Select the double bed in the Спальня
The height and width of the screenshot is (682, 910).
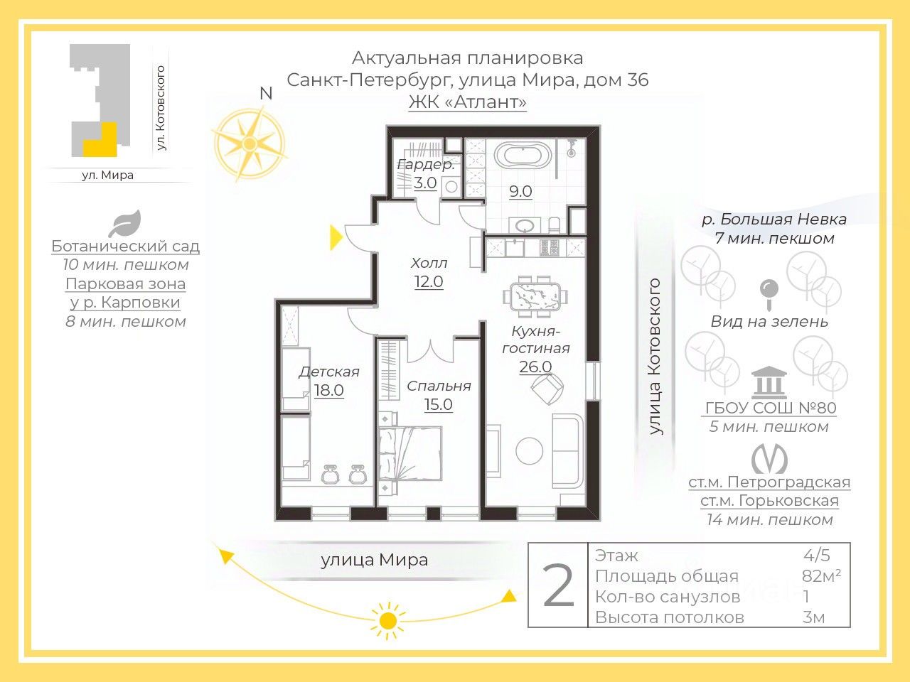(410, 453)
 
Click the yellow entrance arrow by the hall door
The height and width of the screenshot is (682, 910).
(336, 238)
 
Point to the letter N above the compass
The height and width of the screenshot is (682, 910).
(266, 94)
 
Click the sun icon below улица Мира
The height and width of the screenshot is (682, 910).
(388, 620)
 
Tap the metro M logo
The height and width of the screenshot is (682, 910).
(769, 459)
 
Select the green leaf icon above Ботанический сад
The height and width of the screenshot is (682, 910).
(125, 224)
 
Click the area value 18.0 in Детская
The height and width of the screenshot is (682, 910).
(328, 390)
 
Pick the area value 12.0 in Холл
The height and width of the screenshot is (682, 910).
(429, 281)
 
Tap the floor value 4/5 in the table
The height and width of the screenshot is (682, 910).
(817, 556)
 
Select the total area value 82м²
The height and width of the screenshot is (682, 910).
(821, 575)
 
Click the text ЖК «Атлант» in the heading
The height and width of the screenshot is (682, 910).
(468, 102)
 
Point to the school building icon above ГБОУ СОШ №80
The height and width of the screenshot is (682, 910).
(769, 381)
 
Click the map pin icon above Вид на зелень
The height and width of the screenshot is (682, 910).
(769, 294)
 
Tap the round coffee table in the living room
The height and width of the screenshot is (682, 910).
(530, 451)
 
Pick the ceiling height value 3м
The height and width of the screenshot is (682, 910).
(813, 617)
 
